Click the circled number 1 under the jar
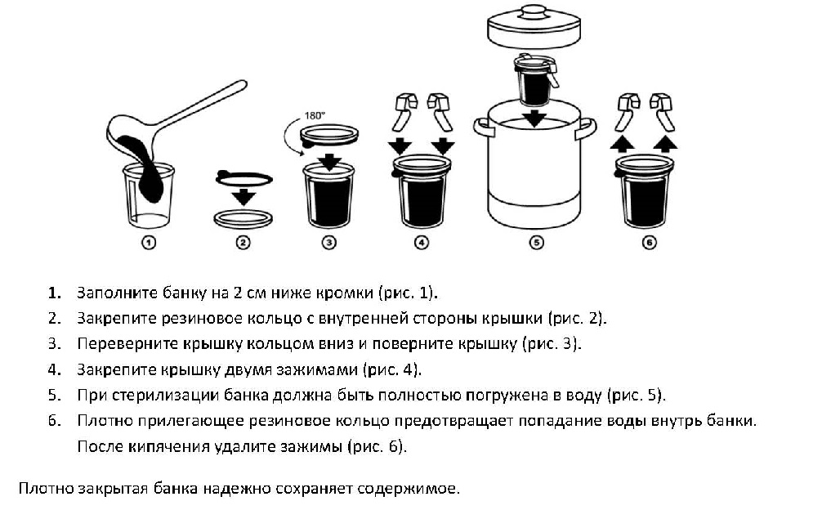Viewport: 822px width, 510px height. click(x=149, y=242)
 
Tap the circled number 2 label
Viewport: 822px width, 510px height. click(x=243, y=242)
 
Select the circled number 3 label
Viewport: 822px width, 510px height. click(x=328, y=242)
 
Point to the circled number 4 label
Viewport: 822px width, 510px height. click(x=421, y=242)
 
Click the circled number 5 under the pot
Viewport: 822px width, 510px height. click(x=536, y=242)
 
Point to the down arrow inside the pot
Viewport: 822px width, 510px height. click(x=534, y=119)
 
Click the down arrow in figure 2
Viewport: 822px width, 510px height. click(x=243, y=196)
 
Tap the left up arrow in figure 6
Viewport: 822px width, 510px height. click(x=624, y=144)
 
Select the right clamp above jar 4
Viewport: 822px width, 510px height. click(x=441, y=110)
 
